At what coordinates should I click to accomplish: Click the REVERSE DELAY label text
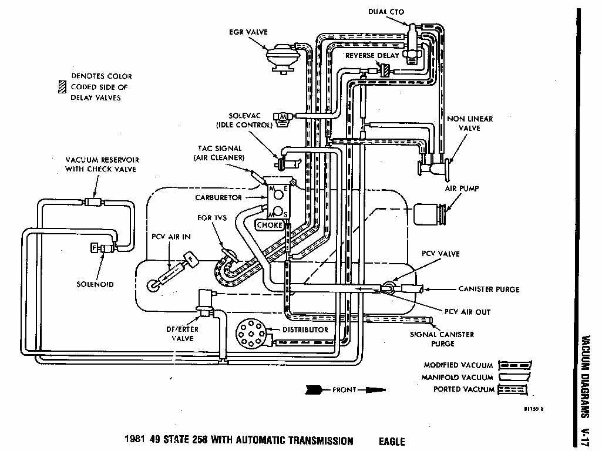[372, 56]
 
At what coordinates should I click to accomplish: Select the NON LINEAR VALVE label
[470, 123]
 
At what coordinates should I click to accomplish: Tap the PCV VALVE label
[440, 254]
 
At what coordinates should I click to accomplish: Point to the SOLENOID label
[95, 284]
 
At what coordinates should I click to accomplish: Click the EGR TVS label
[211, 218]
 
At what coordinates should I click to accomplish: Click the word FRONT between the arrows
[344, 389]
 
